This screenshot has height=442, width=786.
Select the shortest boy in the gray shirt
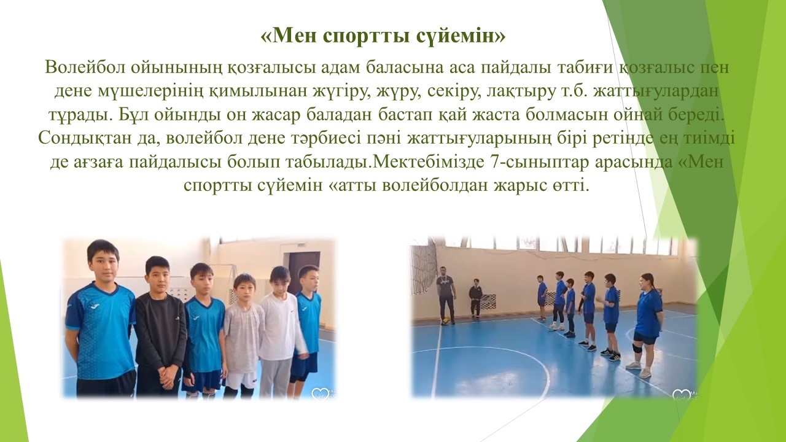tap(244, 336)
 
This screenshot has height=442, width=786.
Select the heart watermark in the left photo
tap(320, 392)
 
